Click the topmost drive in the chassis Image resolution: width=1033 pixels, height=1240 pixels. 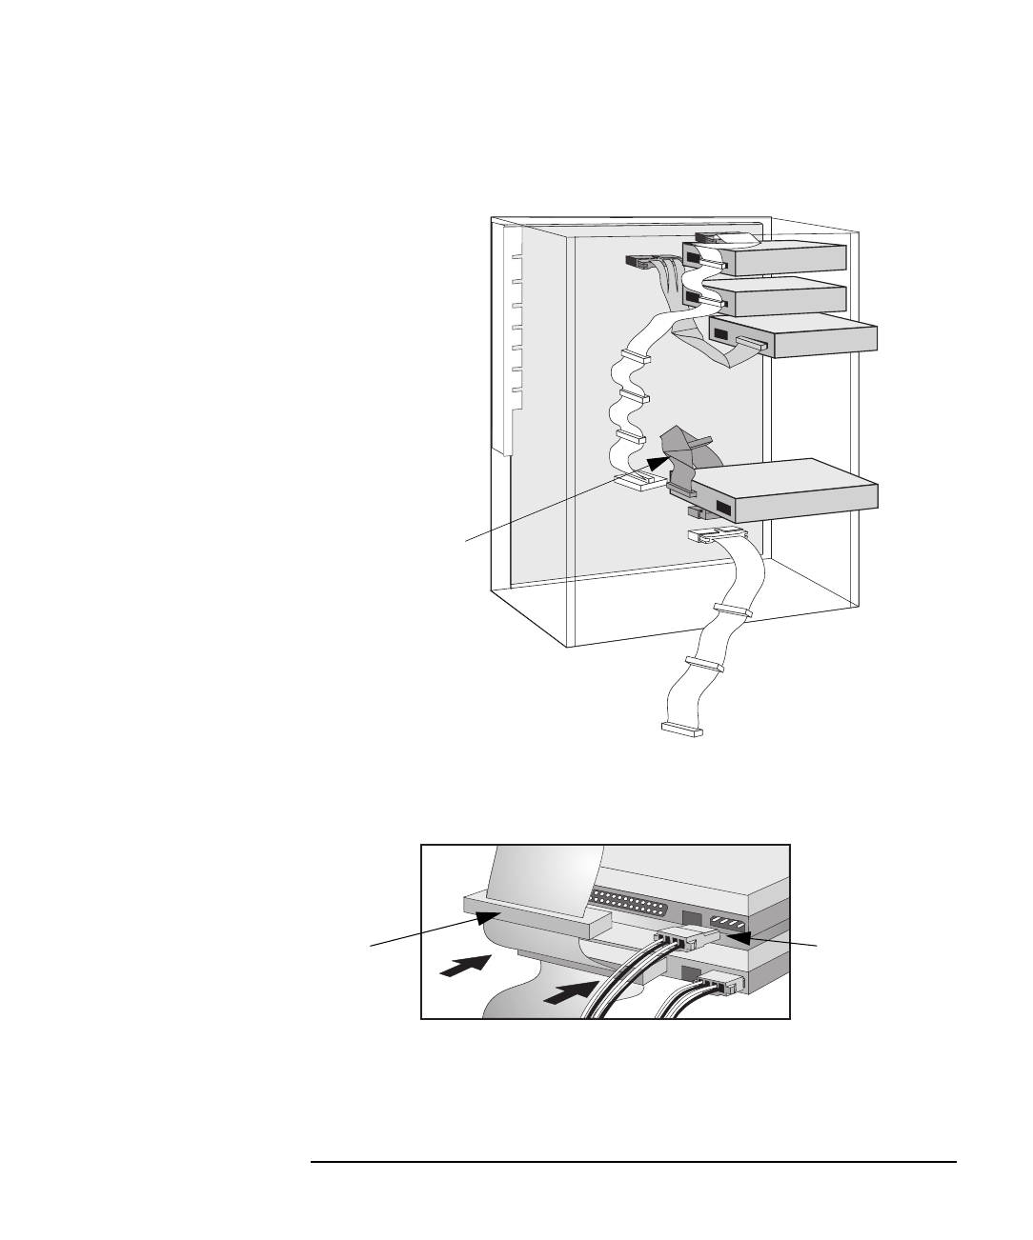[x=786, y=259]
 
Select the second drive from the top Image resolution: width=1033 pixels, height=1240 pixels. [x=786, y=299]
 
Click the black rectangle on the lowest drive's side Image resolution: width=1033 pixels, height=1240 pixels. [x=730, y=508]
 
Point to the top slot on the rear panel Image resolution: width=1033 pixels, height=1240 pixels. [x=516, y=257]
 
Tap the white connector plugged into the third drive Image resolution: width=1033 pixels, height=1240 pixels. [x=750, y=342]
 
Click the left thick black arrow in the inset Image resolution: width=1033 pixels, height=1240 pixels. [x=464, y=965]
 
